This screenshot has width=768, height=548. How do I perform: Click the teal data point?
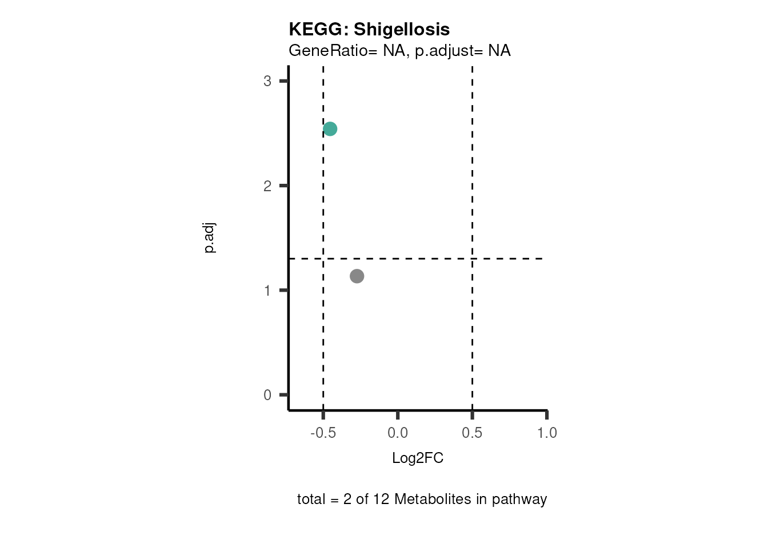[330, 129]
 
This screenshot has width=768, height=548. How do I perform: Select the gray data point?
[357, 276]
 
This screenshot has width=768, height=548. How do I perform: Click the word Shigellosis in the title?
[402, 29]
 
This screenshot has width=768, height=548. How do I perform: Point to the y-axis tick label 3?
[267, 81]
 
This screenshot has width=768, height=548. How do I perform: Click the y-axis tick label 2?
[267, 186]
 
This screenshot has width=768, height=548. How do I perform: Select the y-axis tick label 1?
[267, 291]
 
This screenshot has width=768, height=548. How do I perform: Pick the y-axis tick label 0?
[267, 395]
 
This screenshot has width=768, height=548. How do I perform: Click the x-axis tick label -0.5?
[323, 433]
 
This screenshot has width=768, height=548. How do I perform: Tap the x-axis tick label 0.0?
[398, 433]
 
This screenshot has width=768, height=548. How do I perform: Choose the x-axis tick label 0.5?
[472, 433]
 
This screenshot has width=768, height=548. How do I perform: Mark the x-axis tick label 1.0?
[547, 433]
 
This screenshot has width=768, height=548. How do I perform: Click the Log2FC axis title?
[418, 458]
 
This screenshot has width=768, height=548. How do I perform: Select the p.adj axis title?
[209, 238]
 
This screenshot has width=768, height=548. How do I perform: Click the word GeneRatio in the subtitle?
[328, 51]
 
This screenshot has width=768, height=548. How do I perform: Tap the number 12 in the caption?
[381, 499]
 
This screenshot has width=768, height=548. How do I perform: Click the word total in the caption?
[311, 499]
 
